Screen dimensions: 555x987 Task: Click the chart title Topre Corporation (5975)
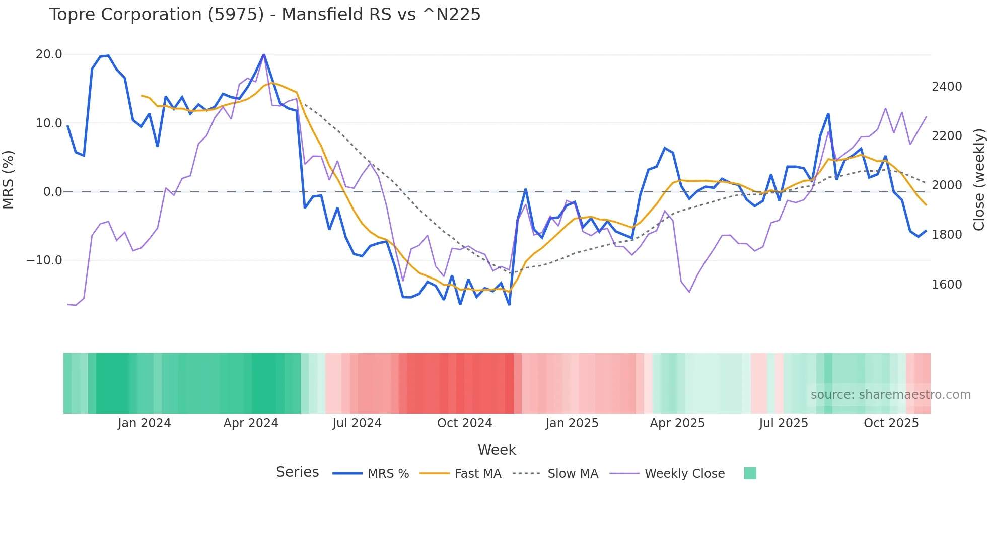pyautogui.click(x=264, y=15)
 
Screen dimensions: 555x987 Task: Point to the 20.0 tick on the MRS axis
pyautogui.click(x=49, y=54)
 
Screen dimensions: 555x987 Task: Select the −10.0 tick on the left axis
pyautogui.click(x=44, y=260)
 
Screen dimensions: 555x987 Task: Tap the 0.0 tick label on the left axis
pyautogui.click(x=53, y=192)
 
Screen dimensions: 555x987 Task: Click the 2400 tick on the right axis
pyautogui.click(x=947, y=87)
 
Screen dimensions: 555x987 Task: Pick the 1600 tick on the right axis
pyautogui.click(x=947, y=285)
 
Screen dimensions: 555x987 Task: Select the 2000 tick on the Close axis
pyautogui.click(x=947, y=185)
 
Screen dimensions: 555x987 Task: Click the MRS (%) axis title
pyautogui.click(x=9, y=180)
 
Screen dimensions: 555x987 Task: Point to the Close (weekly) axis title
pyautogui.click(x=978, y=180)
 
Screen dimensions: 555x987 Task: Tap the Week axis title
pyautogui.click(x=497, y=450)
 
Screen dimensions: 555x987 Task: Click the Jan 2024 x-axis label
pyautogui.click(x=144, y=423)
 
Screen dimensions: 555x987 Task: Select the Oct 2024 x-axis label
pyautogui.click(x=464, y=423)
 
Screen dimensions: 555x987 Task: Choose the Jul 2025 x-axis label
pyautogui.click(x=784, y=423)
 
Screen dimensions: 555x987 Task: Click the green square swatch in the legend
pyautogui.click(x=750, y=473)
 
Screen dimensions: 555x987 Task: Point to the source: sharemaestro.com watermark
pyautogui.click(x=890, y=395)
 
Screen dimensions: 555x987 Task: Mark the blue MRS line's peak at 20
pyautogui.click(x=264, y=54)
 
